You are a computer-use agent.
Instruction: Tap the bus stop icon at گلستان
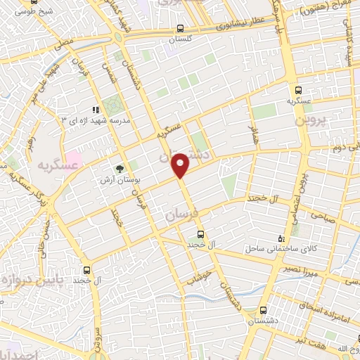(x=181, y=30)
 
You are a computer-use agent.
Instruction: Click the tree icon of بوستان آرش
(x=120, y=169)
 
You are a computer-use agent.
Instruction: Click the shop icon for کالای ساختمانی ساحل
(x=281, y=238)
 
